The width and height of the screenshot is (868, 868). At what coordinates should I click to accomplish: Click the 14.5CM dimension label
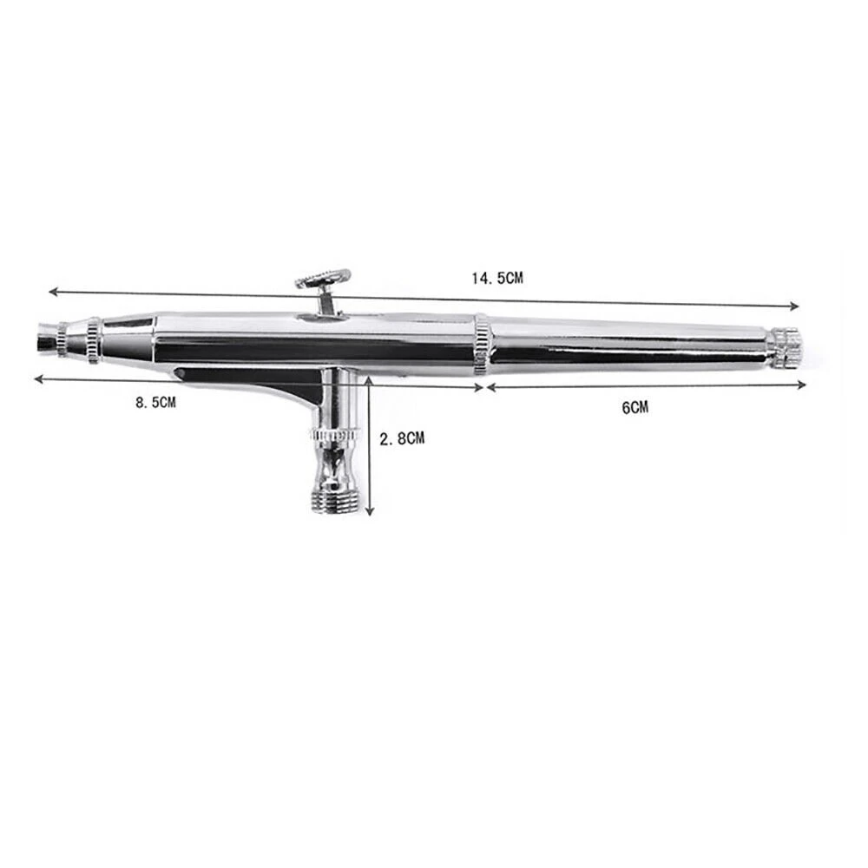(x=497, y=279)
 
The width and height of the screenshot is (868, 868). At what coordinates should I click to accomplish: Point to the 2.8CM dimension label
(x=402, y=438)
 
